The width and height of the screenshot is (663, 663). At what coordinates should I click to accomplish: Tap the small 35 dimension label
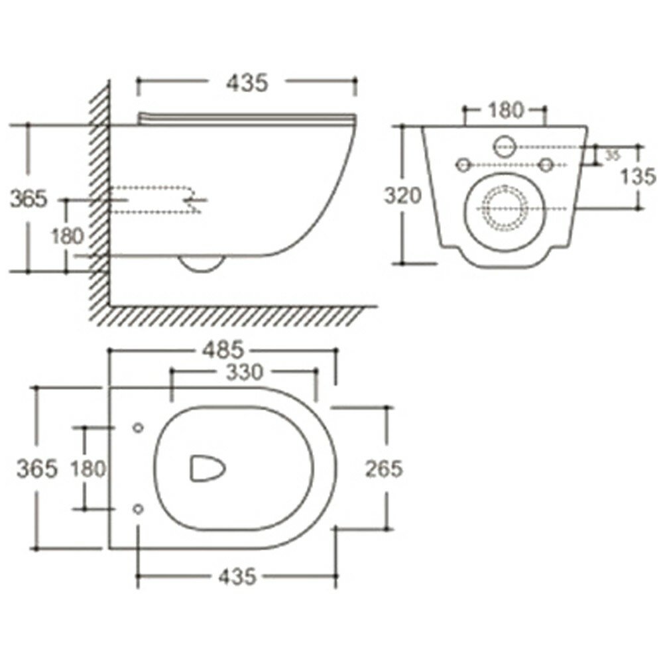coord(613,154)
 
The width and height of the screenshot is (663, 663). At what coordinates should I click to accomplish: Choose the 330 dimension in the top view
coord(244,373)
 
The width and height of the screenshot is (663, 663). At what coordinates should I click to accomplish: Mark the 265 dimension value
coord(384,468)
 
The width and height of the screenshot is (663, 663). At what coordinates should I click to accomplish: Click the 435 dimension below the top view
coord(236,577)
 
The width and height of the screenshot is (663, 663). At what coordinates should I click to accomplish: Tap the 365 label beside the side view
coord(29,198)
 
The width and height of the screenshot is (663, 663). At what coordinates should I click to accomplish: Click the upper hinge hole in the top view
coord(138,428)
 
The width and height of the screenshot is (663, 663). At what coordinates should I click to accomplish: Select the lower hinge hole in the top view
coord(138,509)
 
